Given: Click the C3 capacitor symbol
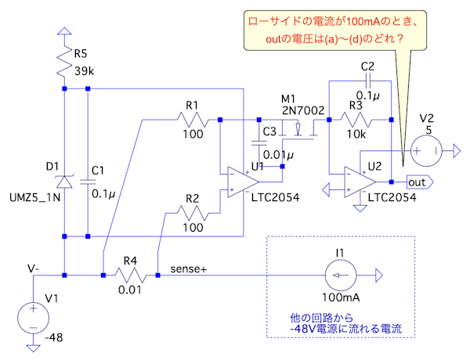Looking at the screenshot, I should [x=258, y=144].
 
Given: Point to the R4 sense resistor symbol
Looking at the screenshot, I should [x=130, y=275].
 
